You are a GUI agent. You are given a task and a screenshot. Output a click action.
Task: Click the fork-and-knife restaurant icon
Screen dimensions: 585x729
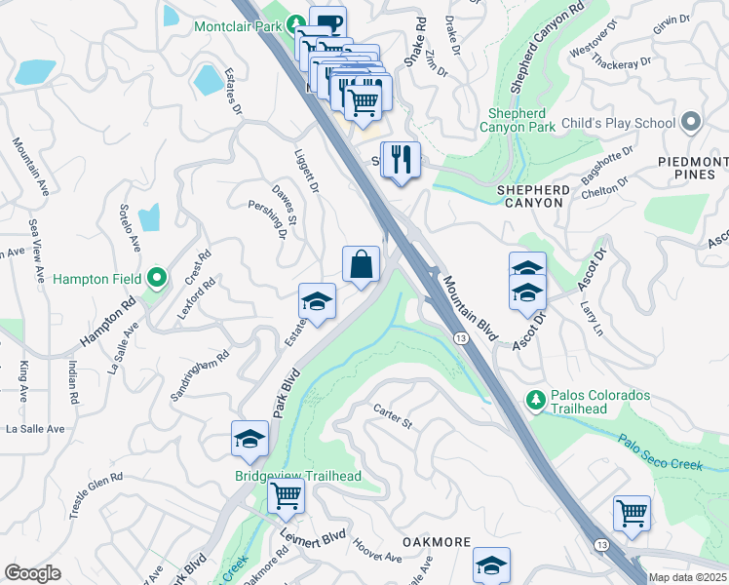(401, 159)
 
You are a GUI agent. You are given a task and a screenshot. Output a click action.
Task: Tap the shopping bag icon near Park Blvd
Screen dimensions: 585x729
(361, 264)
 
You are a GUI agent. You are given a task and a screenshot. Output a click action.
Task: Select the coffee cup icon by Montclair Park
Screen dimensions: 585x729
(327, 23)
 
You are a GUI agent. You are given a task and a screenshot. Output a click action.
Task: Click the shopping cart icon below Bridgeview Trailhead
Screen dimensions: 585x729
(286, 495)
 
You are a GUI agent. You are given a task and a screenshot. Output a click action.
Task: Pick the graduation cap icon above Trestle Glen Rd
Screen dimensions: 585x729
(249, 439)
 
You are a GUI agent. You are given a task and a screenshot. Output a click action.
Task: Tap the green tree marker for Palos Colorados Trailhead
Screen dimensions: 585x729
(535, 400)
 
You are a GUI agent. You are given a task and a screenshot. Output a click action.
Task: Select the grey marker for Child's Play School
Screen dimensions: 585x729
(692, 123)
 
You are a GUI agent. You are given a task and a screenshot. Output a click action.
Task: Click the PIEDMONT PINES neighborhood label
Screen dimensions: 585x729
(692, 168)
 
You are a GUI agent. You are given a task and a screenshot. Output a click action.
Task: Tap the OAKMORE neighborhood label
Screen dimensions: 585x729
(438, 542)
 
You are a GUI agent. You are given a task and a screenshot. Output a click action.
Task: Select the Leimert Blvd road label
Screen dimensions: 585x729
(313, 535)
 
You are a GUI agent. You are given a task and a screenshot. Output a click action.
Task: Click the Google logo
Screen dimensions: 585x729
(33, 573)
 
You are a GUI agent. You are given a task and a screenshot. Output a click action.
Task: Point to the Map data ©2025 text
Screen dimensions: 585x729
(686, 577)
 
